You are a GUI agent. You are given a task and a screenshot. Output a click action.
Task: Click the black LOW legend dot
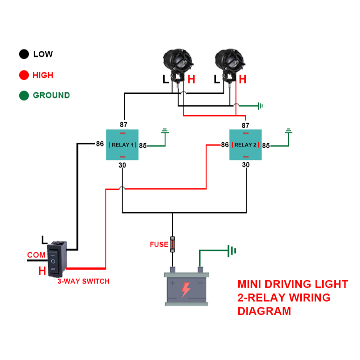[x=24, y=54]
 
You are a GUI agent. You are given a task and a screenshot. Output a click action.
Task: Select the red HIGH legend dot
[x=24, y=75]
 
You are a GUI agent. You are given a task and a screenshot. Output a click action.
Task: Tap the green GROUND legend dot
[x=24, y=96]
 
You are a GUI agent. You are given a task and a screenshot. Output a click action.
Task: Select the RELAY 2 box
[x=245, y=145]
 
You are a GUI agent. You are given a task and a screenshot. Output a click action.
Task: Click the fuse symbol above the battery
[x=173, y=243]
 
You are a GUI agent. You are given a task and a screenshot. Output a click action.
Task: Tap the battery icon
[x=186, y=287]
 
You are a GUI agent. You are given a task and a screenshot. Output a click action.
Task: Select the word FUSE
[x=159, y=244]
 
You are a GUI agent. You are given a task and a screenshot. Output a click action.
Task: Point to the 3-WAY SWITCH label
[x=83, y=282]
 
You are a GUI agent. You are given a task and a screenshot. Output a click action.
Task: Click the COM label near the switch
[x=36, y=255]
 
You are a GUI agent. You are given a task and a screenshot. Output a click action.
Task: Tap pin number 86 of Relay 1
[x=100, y=144]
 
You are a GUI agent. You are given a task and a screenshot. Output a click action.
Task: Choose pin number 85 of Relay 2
[x=266, y=145]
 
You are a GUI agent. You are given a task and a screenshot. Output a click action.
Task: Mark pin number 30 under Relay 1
[x=123, y=165]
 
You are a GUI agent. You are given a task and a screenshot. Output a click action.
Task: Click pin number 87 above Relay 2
[x=246, y=125]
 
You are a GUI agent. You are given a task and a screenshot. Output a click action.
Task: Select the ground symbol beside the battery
[x=230, y=251]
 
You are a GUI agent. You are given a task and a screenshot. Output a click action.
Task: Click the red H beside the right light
[x=242, y=79]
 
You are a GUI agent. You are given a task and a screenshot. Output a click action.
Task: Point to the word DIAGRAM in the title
[x=264, y=311]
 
